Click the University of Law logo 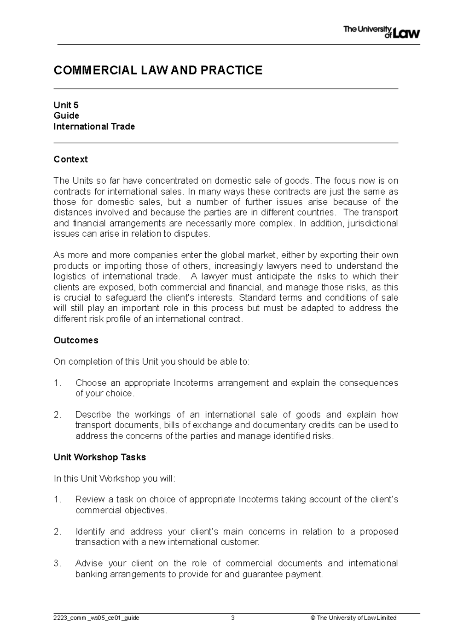381,32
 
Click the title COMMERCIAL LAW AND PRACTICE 158,70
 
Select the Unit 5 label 66,105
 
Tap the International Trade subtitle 94,126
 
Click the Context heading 70,159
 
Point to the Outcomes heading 76,340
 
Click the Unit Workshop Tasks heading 99,457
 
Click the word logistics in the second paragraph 70,277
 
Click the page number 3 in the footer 233,618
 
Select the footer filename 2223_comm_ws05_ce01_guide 96,618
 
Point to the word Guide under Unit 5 66,116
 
